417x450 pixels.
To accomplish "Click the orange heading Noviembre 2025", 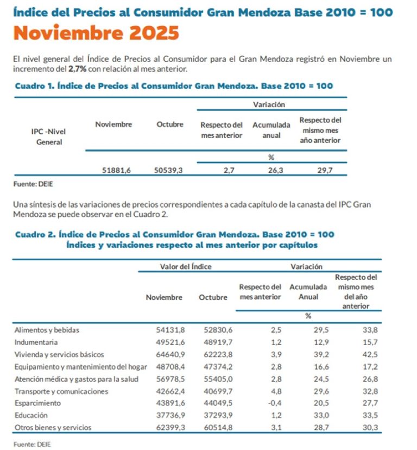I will tap(96, 34).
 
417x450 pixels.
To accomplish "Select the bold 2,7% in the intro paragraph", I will tap(77, 68).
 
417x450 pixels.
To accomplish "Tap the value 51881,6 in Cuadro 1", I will tap(117, 170).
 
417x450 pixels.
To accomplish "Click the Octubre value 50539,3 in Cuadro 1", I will tap(168, 170).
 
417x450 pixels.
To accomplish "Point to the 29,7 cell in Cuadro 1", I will tap(325, 170).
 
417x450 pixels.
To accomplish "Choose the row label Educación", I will tap(30, 416).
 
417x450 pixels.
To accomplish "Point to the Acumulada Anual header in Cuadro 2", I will tap(308, 292).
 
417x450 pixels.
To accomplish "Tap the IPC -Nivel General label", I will tap(49, 137).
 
